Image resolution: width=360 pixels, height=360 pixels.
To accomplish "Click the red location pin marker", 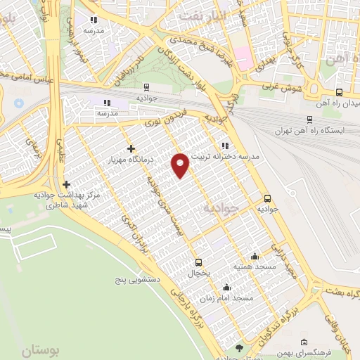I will pyautogui.click(x=181, y=163).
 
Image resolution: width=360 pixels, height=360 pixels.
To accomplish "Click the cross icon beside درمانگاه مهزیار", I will pyautogui.click(x=131, y=148).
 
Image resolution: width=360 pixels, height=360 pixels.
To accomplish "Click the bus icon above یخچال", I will pyautogui.click(x=199, y=261).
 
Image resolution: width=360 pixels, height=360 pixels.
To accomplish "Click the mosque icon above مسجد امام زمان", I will pyautogui.click(x=226, y=287).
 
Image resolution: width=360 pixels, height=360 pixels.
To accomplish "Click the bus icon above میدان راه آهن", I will pyautogui.click(x=340, y=92).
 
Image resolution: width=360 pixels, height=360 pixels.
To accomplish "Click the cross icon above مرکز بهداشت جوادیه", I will pyautogui.click(x=66, y=184).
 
